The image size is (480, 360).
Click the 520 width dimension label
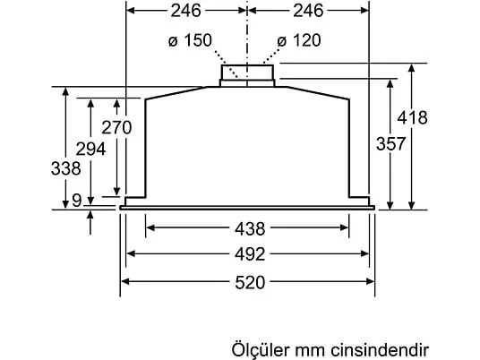[x=250, y=282]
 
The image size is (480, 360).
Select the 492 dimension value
[x=250, y=254]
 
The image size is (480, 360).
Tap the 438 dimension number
[x=250, y=228]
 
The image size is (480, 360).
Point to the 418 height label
[x=412, y=117]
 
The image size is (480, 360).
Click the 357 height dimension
[x=391, y=144]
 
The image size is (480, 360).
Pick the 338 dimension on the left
[x=65, y=168]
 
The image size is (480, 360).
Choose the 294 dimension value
[x=90, y=149]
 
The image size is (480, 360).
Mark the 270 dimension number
[x=116, y=127]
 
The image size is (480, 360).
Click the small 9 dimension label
[x=77, y=201]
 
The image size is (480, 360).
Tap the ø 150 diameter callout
[x=190, y=40]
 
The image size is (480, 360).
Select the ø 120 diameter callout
[x=299, y=40]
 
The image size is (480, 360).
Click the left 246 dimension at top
[x=185, y=11]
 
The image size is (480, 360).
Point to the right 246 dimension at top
[x=308, y=11]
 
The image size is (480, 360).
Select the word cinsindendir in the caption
[x=380, y=349]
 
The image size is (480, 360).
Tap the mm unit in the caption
[x=309, y=351]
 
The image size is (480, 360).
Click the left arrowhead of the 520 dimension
[x=124, y=281]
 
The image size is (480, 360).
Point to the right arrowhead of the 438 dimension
[x=345, y=227]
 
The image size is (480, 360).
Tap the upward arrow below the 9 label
[x=90, y=223]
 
